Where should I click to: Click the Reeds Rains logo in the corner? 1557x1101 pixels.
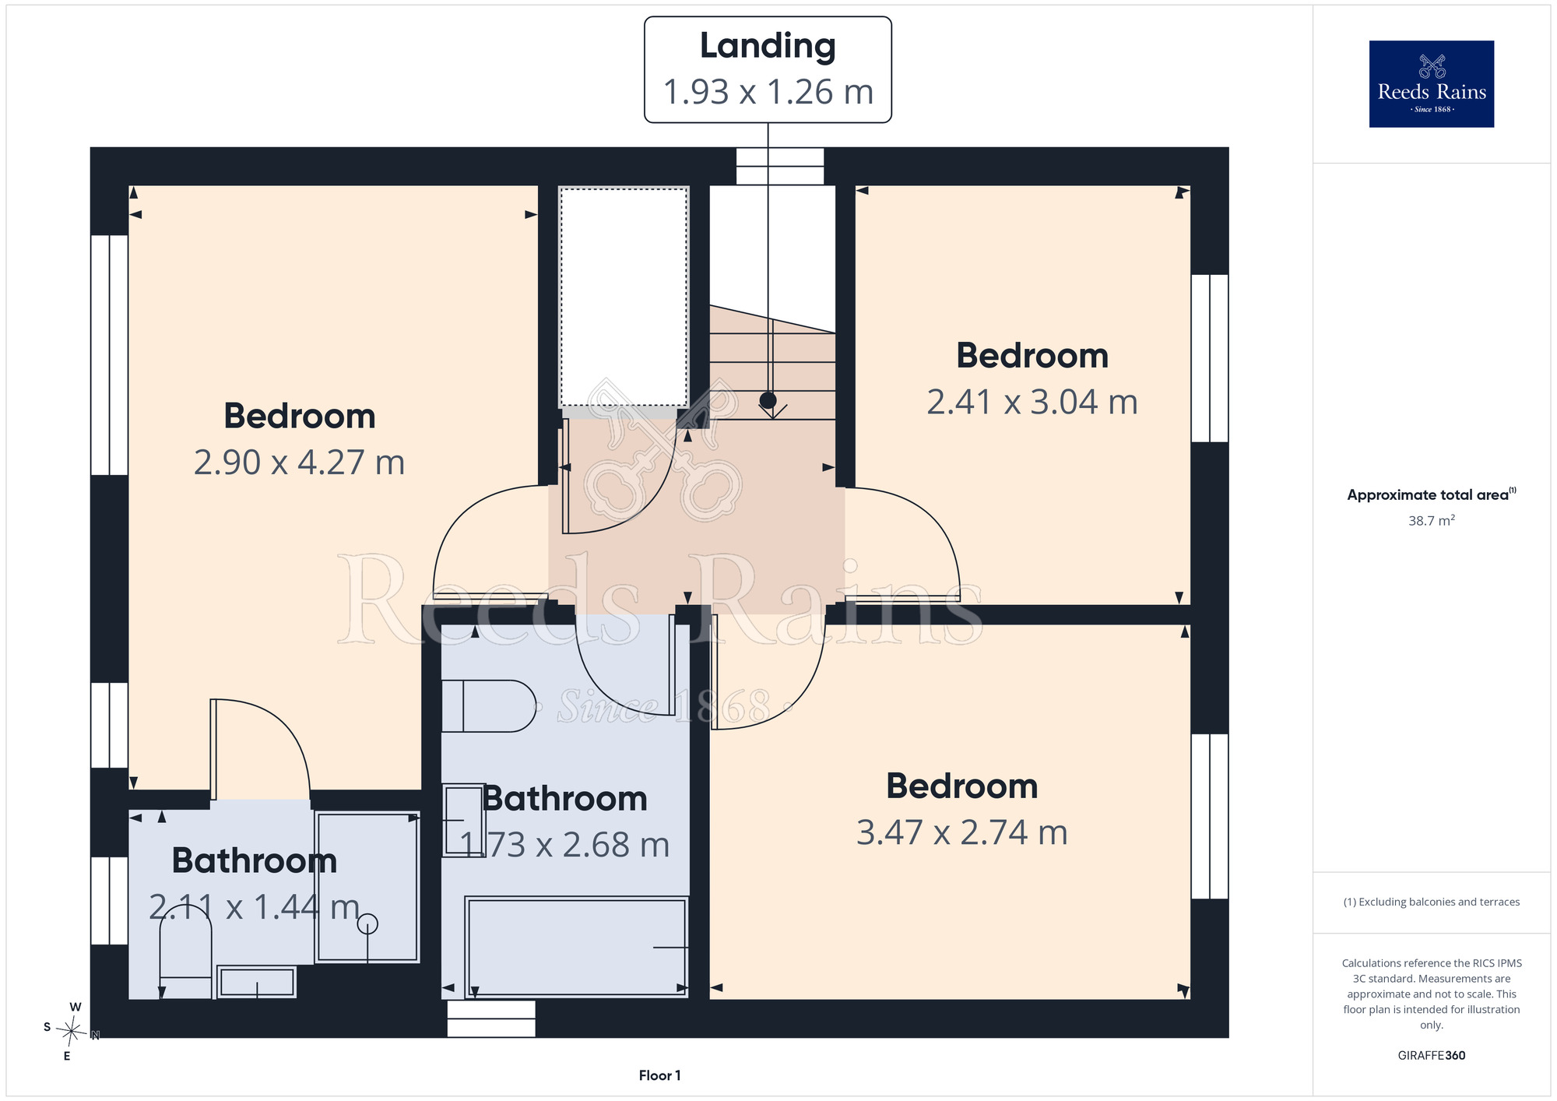tap(1431, 84)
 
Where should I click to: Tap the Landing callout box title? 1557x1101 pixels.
tap(768, 47)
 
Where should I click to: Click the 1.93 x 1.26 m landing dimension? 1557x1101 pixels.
tap(768, 92)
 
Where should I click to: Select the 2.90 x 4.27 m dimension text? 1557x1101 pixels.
tap(299, 463)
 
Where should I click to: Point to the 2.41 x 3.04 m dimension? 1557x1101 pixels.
tap(1032, 403)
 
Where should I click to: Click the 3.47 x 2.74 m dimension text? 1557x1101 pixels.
tap(962, 832)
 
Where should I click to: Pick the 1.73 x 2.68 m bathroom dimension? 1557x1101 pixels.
tap(564, 845)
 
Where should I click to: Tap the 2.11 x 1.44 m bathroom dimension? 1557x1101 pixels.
tap(255, 907)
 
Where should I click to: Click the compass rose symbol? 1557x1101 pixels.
tap(72, 1032)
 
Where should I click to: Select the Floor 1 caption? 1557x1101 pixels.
tap(659, 1075)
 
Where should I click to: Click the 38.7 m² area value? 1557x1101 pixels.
tap(1431, 520)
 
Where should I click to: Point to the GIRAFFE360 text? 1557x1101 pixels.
tap(1431, 1056)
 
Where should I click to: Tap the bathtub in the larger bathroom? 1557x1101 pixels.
tap(576, 947)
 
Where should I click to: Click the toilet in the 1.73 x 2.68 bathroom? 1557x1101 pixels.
tap(488, 706)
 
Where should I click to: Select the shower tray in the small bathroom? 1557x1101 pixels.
tap(367, 888)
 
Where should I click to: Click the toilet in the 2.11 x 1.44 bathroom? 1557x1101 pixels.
tap(185, 958)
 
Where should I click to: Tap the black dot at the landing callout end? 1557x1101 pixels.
tap(768, 400)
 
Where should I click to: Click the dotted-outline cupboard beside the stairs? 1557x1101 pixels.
tap(624, 297)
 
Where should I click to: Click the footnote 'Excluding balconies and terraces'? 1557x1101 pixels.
tap(1431, 902)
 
